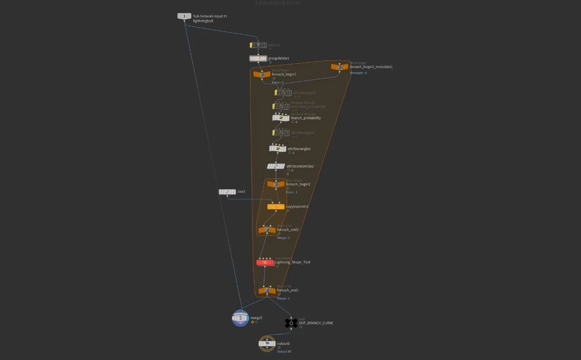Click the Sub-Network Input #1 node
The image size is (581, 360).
[184, 16]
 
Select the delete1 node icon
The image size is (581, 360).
[258, 45]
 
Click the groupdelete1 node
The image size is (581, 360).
[258, 58]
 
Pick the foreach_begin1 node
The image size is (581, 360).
[262, 74]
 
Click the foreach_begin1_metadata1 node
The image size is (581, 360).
[340, 67]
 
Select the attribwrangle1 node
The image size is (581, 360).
[283, 93]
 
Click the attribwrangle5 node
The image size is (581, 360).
[277, 149]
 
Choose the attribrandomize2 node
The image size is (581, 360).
[276, 166]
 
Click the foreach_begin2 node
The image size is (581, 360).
[276, 184]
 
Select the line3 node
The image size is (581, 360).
[227, 192]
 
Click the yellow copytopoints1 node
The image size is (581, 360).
[276, 207]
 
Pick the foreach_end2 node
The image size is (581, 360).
[267, 229]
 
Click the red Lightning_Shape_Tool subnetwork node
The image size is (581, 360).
[265, 262]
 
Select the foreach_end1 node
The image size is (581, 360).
[267, 290]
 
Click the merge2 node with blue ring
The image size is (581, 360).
[240, 318]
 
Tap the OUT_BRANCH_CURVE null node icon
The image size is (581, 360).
[291, 323]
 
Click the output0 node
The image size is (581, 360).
[267, 343]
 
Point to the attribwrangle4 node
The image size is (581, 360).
[281, 133]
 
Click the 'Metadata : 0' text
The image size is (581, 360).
[358, 73]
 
